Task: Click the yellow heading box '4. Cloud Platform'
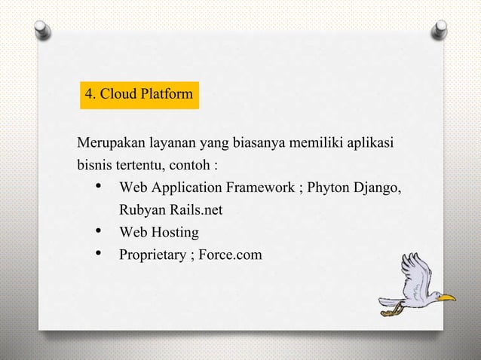coord(139,95)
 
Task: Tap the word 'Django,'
coord(378,187)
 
